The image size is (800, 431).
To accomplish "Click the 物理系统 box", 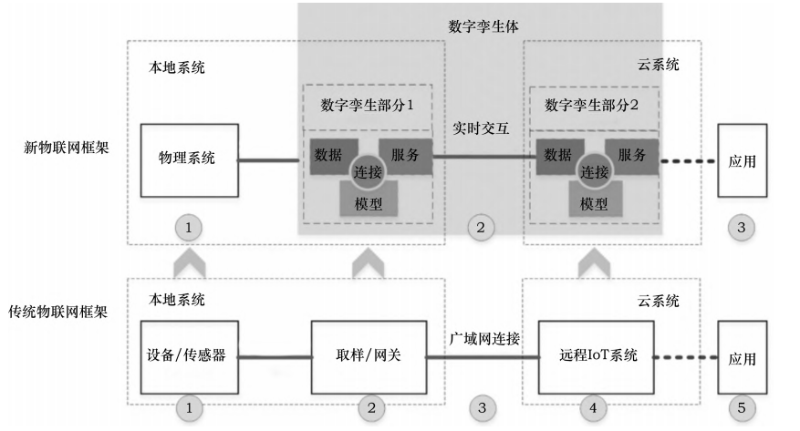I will (x=189, y=160).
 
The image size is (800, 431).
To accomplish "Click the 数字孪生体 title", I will (x=483, y=26).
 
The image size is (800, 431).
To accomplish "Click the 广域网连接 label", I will (x=484, y=338).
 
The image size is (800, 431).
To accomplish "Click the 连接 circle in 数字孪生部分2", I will (x=594, y=171).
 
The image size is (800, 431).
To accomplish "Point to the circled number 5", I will (x=742, y=409).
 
